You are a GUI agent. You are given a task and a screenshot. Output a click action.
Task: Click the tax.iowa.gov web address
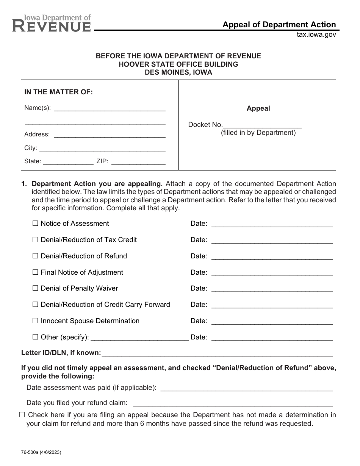[316, 34]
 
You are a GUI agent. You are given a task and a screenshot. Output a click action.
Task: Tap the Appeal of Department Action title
[279, 25]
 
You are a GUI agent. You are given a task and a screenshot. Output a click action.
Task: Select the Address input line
[110, 135]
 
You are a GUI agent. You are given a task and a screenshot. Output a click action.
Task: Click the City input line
[102, 149]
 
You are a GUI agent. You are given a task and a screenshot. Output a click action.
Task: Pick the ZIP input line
[138, 162]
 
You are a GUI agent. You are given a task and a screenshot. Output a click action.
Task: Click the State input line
[68, 162]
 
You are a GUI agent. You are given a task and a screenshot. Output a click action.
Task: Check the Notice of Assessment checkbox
[35, 224]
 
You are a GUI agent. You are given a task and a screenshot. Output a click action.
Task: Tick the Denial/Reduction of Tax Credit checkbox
[35, 240]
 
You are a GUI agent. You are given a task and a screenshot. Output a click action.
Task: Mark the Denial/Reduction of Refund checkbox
[35, 256]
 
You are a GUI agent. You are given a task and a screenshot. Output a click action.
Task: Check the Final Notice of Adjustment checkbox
[35, 272]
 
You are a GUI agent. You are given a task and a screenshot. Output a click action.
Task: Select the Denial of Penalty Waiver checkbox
[35, 288]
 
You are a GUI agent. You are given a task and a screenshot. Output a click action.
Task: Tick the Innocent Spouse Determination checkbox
[35, 321]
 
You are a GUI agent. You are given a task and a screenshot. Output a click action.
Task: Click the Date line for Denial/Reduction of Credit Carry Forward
[272, 305]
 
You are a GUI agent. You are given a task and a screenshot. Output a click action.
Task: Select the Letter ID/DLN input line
[217, 354]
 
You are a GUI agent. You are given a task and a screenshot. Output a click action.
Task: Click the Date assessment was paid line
[247, 388]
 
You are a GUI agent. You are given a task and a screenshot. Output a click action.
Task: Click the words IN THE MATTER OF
[58, 92]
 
